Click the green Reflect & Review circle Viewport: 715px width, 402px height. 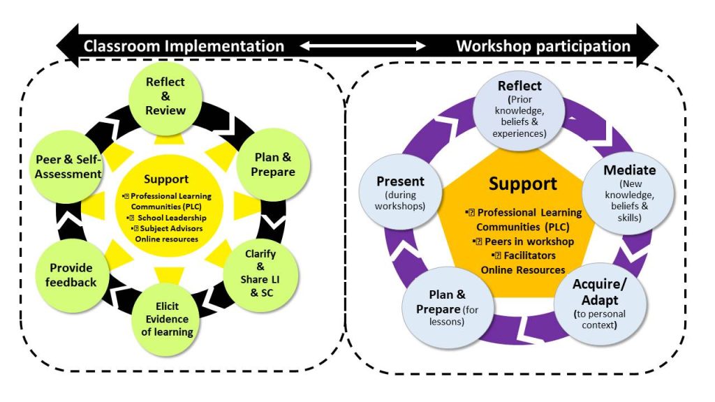tap(165, 96)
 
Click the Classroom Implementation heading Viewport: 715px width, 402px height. tap(184, 46)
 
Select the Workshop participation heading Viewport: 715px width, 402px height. tap(543, 46)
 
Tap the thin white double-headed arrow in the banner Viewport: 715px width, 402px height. tap(363, 46)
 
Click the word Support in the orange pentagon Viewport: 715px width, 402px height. tap(522, 185)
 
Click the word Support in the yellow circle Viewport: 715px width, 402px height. tap(166, 179)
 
